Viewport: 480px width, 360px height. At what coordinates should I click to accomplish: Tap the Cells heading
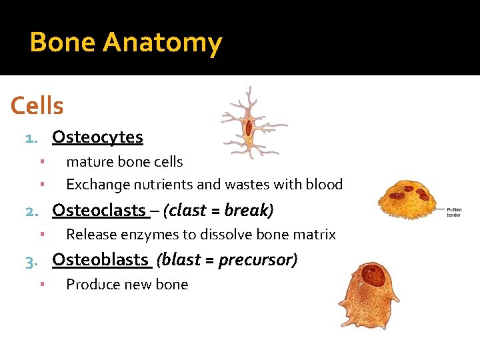[x=37, y=106]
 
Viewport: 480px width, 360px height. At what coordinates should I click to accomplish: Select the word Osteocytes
[x=97, y=137]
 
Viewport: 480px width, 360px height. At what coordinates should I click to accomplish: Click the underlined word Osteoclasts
[x=98, y=211]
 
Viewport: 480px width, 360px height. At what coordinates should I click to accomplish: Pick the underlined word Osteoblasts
[x=100, y=260]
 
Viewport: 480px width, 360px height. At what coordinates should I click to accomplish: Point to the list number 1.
[x=29, y=139]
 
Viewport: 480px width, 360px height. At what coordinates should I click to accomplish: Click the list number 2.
[x=30, y=212]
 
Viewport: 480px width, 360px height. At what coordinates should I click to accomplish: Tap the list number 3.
[x=30, y=261]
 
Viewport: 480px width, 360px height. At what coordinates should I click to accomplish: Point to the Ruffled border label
[x=455, y=213]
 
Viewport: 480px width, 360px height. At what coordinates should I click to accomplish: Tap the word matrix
[x=316, y=235]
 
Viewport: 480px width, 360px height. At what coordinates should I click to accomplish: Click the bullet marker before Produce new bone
[x=41, y=284]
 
